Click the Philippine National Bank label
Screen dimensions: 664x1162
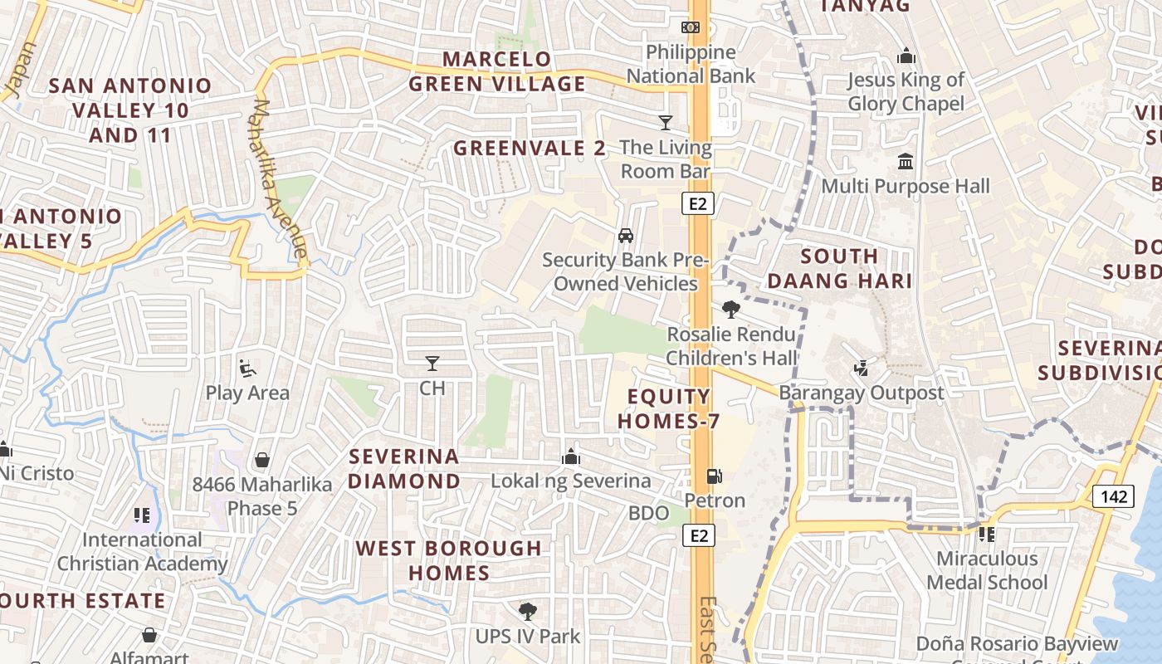(691, 64)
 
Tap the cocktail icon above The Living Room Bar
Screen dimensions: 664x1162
(666, 123)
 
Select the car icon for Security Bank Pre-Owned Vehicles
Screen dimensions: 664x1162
(626, 236)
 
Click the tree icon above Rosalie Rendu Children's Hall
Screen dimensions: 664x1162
(730, 310)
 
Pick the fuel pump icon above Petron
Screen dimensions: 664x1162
(714, 476)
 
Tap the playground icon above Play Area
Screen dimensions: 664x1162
(247, 368)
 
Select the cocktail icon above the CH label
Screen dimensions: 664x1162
(432, 364)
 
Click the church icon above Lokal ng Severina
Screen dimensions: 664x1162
(570, 456)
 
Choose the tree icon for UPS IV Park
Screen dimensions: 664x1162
(527, 613)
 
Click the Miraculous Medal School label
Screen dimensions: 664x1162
(987, 570)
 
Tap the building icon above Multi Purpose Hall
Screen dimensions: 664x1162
(906, 161)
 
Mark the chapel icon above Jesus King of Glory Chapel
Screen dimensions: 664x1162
(906, 56)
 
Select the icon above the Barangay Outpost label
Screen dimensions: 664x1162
(862, 368)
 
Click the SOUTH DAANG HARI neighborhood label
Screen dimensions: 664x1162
(839, 268)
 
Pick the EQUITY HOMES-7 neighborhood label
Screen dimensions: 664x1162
(668, 408)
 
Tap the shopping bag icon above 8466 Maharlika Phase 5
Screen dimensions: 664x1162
(262, 460)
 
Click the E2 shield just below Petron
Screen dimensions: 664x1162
(700, 535)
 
